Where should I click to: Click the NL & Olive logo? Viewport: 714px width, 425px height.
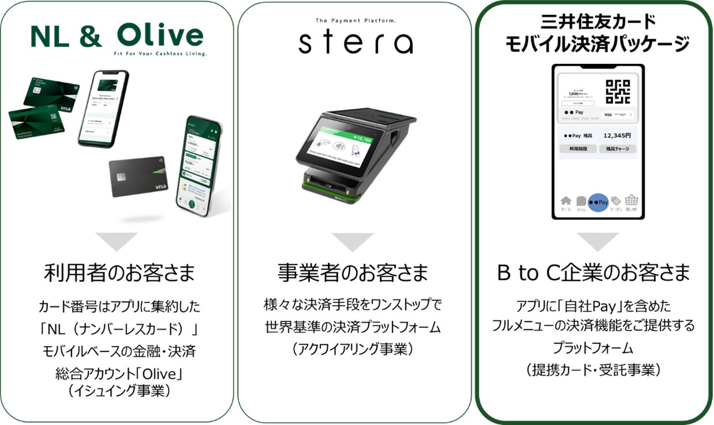pos(117,36)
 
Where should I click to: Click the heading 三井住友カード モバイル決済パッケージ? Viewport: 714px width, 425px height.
pos(598,34)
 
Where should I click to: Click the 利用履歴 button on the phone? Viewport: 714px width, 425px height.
pos(577,149)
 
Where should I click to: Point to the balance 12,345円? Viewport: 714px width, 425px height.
pos(617,136)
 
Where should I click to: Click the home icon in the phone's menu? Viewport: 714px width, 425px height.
pos(566,202)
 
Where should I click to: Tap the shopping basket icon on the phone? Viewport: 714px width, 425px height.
pos(632,202)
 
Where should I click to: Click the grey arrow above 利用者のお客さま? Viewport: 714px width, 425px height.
pos(116,241)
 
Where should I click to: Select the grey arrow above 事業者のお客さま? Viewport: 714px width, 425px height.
pos(353,241)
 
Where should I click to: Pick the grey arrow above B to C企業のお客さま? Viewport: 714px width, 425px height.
pos(598,241)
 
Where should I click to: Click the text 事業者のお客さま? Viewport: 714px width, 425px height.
pos(353,274)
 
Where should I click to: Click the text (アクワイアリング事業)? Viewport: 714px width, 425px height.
pos(353,349)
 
